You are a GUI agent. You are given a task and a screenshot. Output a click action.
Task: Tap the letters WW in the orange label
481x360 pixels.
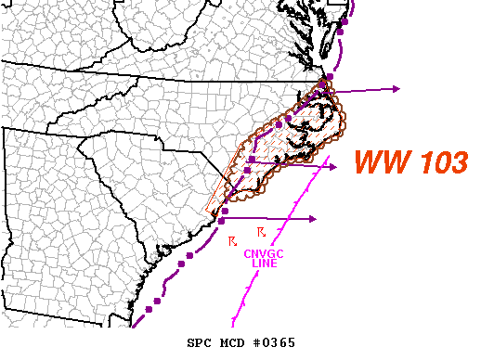(379, 162)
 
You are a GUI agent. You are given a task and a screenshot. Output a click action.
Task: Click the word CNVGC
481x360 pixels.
(265, 253)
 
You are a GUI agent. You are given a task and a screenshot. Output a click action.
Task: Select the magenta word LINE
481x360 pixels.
(265, 264)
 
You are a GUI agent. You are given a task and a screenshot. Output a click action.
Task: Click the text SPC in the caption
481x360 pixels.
(201, 343)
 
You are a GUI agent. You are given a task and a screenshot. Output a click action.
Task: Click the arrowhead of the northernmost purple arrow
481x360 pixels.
(396, 89)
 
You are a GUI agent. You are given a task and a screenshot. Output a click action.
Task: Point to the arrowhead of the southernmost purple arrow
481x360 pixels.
(314, 219)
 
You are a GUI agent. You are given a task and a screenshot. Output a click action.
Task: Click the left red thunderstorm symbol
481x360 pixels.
(232, 241)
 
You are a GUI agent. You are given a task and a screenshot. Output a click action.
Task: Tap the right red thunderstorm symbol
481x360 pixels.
(261, 230)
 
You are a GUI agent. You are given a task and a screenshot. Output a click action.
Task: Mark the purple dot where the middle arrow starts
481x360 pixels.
(252, 161)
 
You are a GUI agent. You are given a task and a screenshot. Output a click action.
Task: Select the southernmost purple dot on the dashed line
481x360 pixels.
(159, 301)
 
